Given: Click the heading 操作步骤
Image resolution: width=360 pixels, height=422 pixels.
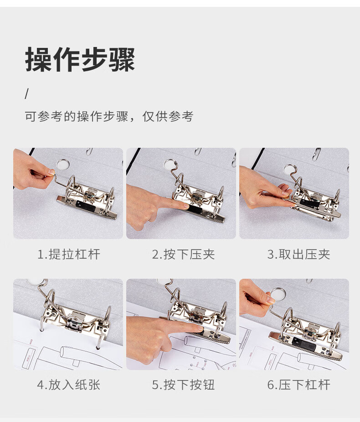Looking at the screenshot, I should point(80,59).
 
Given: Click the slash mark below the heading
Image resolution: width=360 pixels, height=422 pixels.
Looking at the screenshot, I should point(26,94).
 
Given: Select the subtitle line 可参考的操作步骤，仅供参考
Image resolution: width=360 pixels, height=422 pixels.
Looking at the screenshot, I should point(109,116).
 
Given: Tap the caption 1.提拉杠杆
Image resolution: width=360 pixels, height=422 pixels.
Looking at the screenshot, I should point(68,254).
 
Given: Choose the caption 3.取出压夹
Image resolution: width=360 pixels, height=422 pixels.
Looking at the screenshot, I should point(298,254).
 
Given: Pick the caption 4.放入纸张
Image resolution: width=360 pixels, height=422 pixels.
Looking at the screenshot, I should point(68,385).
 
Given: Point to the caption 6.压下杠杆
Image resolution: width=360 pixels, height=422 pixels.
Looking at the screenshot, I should point(298,385).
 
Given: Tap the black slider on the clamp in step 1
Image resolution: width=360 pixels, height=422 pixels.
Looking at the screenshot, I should point(86,206).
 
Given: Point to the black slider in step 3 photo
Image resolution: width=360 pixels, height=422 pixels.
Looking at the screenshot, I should point(310,202).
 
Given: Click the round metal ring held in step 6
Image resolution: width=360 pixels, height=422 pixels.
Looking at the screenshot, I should point(278,295).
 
